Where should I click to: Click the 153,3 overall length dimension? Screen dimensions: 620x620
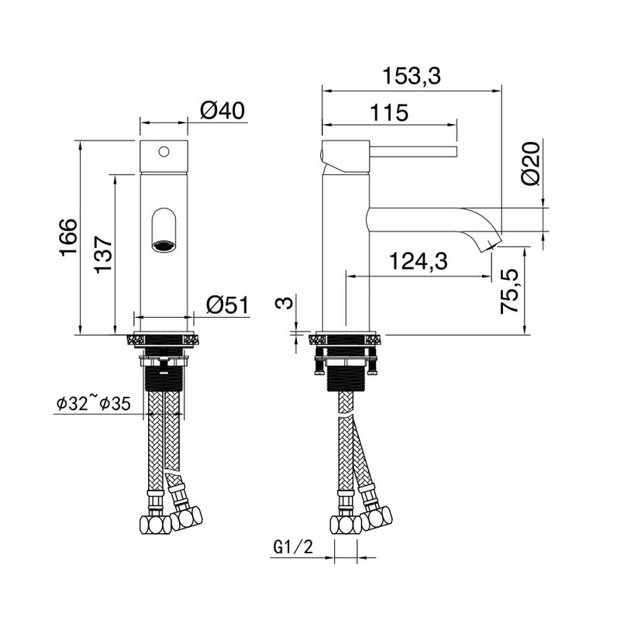coord(412,76)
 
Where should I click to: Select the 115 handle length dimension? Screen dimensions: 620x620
coord(389,112)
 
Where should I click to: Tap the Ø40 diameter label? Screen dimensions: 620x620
coord(222,110)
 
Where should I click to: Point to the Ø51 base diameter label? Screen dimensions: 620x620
coord(227,305)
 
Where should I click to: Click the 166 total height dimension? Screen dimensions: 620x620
coord(68,237)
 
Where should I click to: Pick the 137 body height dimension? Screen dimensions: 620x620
coord(103,254)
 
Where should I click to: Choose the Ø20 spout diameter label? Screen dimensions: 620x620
coord(531,164)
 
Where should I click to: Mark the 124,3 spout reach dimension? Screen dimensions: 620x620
coord(418,261)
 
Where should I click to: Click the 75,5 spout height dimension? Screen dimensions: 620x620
coord(509,291)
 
